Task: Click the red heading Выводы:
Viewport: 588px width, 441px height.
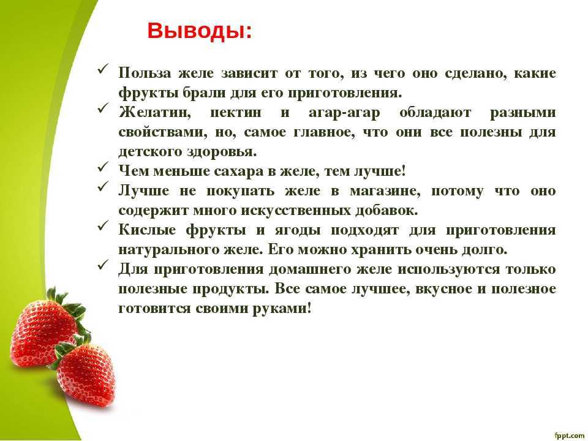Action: tap(200, 31)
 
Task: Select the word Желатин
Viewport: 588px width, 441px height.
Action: tap(154, 113)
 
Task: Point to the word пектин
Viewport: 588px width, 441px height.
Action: tap(235, 113)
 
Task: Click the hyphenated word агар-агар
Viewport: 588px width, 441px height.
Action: tap(344, 113)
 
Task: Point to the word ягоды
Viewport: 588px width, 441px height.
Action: tap(298, 231)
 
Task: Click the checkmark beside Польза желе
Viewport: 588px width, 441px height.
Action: tap(103, 69)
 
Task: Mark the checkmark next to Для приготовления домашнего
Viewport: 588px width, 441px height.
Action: tap(103, 265)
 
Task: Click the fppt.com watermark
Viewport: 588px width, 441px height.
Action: tap(569, 435)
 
